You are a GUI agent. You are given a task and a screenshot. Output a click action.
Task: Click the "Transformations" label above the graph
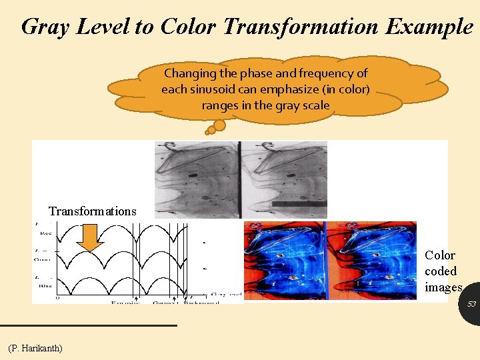point(92,211)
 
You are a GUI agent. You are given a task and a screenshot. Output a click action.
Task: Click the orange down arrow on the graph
point(90,239)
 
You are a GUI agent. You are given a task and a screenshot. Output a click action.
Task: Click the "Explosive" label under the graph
point(125,303)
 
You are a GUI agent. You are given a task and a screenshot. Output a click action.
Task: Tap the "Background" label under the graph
point(199,303)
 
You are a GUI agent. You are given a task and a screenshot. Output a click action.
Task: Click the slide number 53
point(471,304)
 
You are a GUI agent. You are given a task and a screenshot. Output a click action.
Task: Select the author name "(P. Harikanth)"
point(35,348)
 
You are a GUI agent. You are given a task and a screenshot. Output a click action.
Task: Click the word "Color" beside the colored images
point(440,255)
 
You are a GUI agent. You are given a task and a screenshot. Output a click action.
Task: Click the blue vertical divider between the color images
point(327,261)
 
